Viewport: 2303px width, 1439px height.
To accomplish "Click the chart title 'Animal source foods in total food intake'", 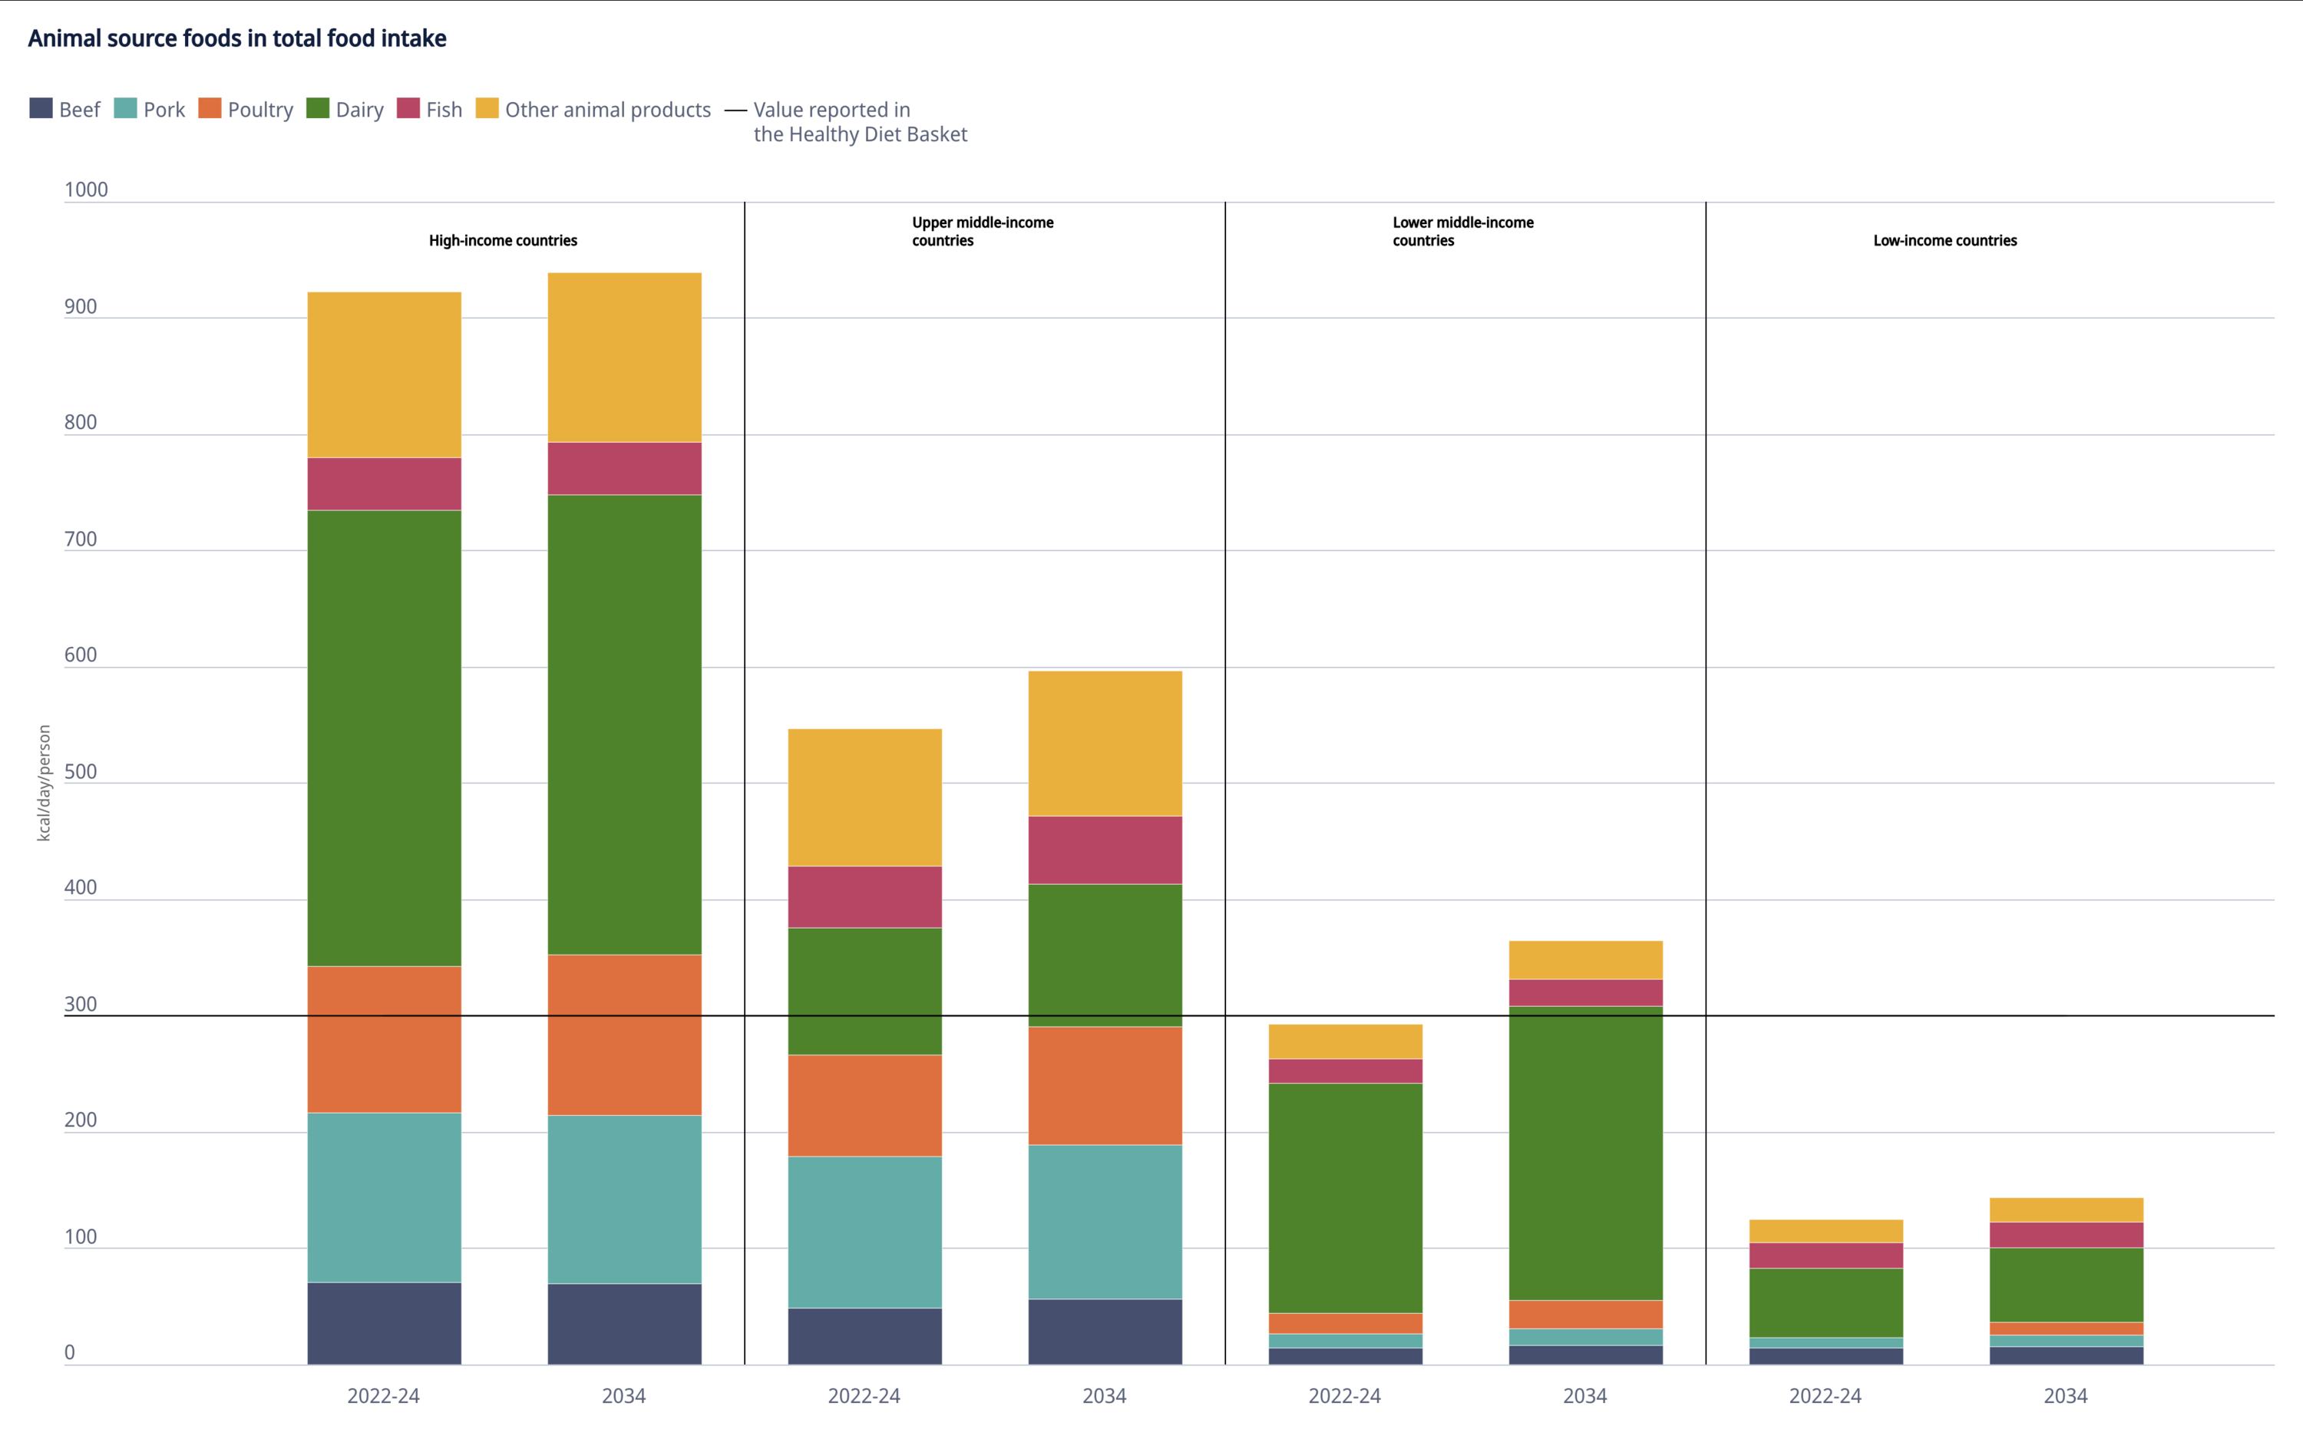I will (x=237, y=38).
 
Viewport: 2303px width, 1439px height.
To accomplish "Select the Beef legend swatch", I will (x=41, y=108).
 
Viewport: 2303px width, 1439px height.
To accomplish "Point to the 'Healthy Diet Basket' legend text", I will (x=859, y=134).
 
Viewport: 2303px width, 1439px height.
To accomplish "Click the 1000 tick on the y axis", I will (x=86, y=190).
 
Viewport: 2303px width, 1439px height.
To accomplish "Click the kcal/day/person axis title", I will (x=44, y=782).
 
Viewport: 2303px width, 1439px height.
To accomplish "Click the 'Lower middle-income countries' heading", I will (x=1462, y=231).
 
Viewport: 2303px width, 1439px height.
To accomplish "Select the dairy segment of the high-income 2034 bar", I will (x=624, y=723).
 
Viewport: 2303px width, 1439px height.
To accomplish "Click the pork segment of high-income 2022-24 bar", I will (x=384, y=1197).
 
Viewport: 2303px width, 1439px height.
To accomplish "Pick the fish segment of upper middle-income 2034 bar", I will (x=1105, y=850).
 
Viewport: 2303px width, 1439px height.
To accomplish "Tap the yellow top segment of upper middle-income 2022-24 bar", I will (x=864, y=797).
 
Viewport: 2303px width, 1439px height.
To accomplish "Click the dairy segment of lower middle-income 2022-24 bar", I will (x=1345, y=1197).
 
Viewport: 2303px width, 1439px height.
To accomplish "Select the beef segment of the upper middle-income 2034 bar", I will (x=1105, y=1331).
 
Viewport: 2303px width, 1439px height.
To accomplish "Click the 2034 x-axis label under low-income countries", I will (x=2065, y=1395).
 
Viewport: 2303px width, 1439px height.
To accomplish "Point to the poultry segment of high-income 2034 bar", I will (x=624, y=1035).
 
